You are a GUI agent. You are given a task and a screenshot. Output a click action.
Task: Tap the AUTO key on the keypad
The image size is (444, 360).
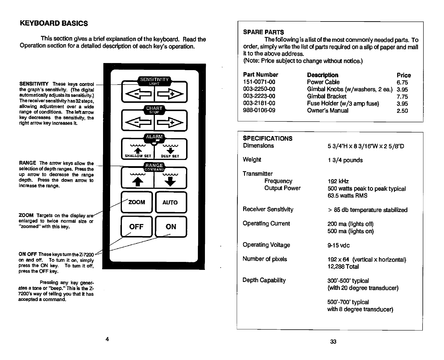170,202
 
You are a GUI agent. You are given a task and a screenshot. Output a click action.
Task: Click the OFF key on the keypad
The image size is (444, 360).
136,227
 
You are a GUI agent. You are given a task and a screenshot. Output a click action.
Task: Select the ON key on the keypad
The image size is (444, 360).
171,227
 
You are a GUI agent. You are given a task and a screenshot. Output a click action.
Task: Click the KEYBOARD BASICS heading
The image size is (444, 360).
54,23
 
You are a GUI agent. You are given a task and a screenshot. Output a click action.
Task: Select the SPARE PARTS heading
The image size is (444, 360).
264,32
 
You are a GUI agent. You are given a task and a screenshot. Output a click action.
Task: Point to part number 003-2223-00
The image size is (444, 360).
259,96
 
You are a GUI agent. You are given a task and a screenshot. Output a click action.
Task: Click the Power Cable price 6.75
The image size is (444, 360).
402,82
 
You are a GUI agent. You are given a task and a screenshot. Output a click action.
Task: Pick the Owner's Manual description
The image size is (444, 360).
327,110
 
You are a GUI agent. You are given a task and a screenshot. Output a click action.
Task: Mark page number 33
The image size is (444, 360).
333,341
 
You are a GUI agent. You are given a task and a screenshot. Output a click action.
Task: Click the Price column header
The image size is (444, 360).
404,75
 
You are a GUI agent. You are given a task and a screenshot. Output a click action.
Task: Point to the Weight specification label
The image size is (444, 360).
252,160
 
